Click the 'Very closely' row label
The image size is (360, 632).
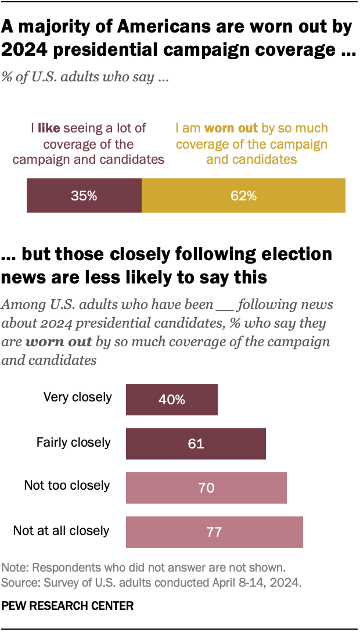[x=77, y=397]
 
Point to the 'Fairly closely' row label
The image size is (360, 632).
[x=73, y=442]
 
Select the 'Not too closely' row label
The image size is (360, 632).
[x=67, y=485]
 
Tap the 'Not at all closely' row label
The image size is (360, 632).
[x=61, y=530]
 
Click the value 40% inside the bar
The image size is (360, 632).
[x=172, y=400]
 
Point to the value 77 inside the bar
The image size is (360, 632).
[x=214, y=532]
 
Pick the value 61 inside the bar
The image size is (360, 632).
[x=196, y=444]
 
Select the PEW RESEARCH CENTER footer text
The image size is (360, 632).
[x=67, y=606]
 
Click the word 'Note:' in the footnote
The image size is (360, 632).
[x=15, y=567]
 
